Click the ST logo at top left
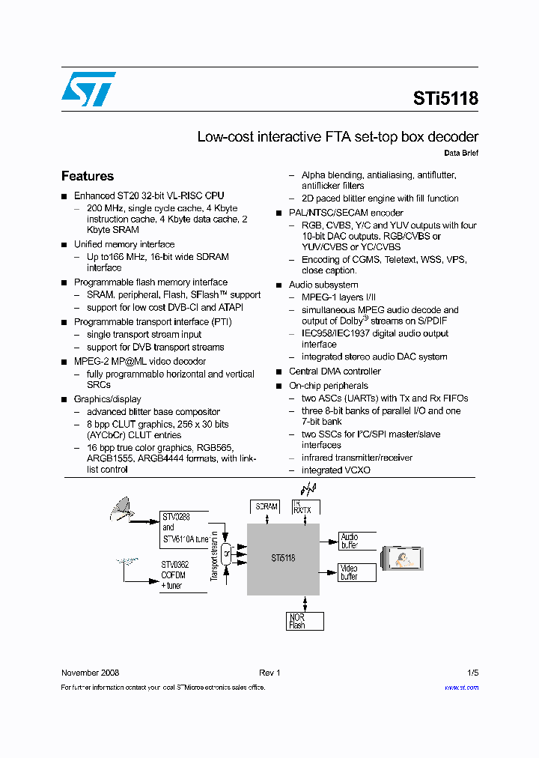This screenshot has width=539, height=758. pos(88,89)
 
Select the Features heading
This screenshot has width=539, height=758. pos(88,176)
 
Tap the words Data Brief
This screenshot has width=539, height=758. pos(461,154)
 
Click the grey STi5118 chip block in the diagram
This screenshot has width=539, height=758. pos(283,558)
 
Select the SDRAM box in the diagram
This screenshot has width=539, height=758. pos(267,507)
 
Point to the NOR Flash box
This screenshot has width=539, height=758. pos(305,621)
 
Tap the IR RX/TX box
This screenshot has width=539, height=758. pos(305,507)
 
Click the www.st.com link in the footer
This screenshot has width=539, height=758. pos(461,687)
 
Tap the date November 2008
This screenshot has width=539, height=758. pos(90,673)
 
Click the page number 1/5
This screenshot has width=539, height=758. pos(472,673)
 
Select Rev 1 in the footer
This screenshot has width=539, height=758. pos(269,673)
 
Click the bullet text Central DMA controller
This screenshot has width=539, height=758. pos(335,372)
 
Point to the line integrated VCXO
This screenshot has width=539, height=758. pos(335,470)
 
